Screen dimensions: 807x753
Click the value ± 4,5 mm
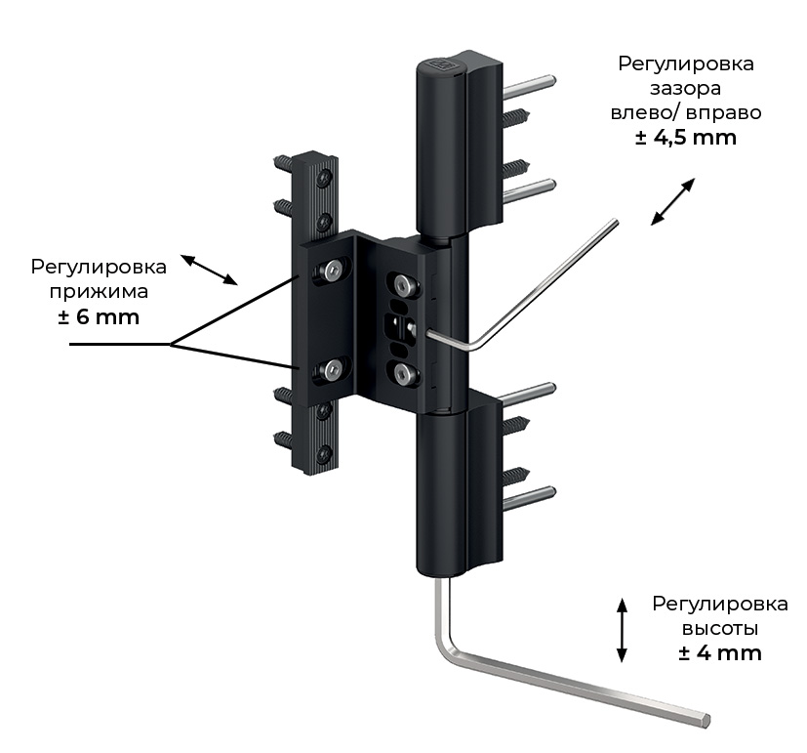(686, 138)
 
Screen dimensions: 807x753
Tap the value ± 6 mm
(99, 316)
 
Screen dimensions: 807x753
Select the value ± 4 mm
(720, 653)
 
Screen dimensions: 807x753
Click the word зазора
(686, 89)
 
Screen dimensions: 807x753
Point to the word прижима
(99, 292)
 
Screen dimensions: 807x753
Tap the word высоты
(720, 629)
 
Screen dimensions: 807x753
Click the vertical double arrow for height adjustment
(622, 630)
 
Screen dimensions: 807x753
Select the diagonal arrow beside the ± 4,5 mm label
(672, 202)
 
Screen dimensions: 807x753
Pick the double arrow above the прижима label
(210, 270)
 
